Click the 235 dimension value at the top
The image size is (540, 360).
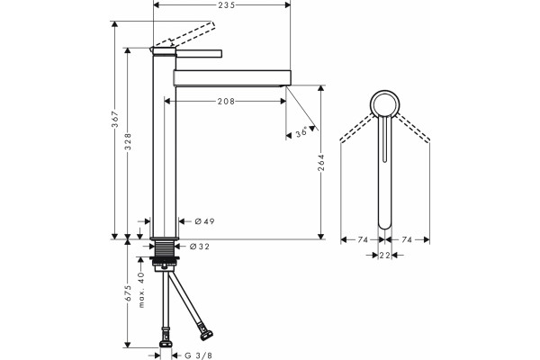click(x=226, y=4)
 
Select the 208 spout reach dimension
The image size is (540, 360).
click(x=226, y=102)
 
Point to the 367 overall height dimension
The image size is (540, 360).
click(x=114, y=119)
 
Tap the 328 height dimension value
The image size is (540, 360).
click(x=128, y=141)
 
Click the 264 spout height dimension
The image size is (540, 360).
click(x=321, y=162)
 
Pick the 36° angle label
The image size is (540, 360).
click(x=301, y=132)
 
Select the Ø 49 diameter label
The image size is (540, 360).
click(x=204, y=221)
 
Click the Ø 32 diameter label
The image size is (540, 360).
click(x=200, y=247)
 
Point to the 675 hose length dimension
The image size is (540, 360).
click(x=128, y=293)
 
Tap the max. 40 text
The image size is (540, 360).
click(x=141, y=290)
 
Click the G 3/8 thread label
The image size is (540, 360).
click(x=198, y=355)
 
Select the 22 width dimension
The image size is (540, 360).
click(x=384, y=256)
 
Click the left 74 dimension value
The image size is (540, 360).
click(x=363, y=239)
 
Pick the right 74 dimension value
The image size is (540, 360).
click(x=407, y=239)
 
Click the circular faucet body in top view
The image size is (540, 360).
click(x=385, y=91)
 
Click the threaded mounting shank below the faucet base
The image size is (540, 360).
click(x=165, y=248)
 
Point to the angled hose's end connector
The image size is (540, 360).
click(x=205, y=335)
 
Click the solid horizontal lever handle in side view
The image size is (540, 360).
click(x=199, y=54)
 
